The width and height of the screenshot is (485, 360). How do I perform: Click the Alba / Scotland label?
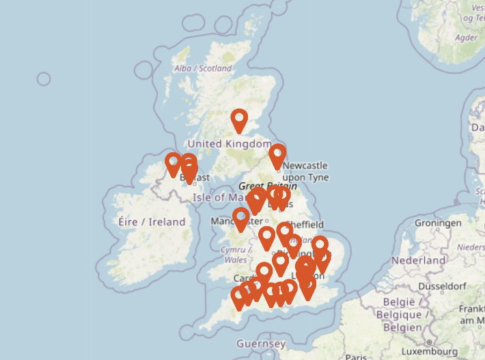pos(203,68)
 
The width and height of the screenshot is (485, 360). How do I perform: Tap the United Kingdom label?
pos(230,143)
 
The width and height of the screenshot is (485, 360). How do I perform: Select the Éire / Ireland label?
pos(151,222)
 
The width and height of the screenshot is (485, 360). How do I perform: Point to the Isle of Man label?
pos(219,197)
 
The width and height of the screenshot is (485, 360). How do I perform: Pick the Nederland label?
pos(419,261)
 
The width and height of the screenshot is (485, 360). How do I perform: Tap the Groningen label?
pos(438,223)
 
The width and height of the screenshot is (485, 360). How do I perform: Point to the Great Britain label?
pos(267,186)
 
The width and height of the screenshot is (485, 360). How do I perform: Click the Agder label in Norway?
pos(467,38)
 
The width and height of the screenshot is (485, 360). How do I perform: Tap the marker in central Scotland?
pos(239,121)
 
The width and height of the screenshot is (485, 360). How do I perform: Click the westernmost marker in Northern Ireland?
pos(174,164)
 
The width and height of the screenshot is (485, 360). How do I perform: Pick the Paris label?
pos(356,357)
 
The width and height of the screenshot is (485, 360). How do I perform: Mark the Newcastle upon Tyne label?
pos(305,171)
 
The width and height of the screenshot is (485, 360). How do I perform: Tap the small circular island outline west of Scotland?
pos(44,79)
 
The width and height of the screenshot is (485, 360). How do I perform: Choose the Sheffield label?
pos(305,224)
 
